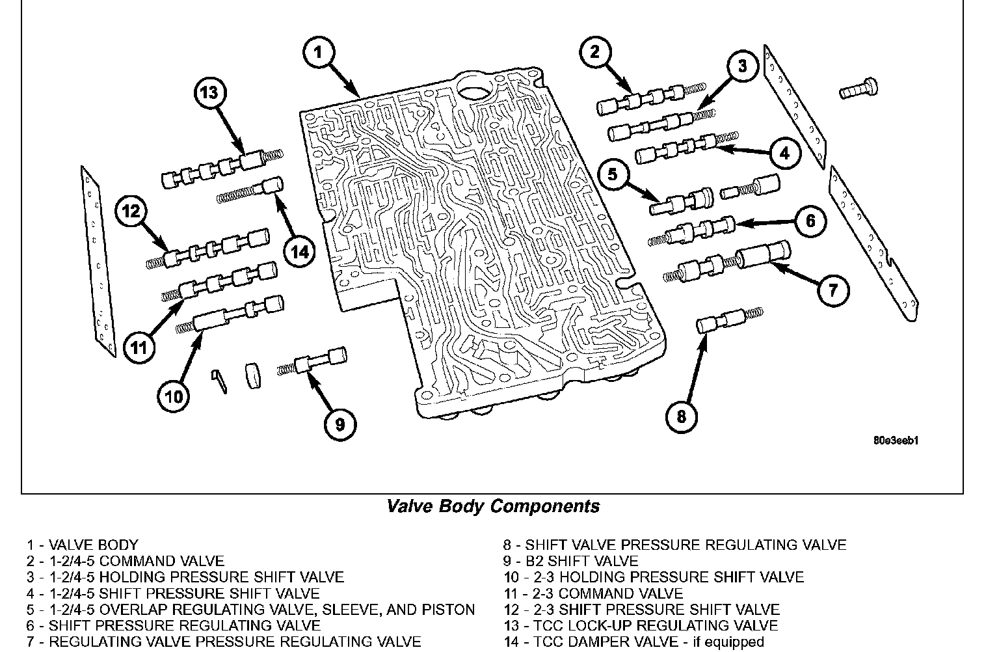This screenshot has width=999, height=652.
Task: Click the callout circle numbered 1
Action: (318, 52)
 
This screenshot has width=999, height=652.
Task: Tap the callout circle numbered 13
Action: (209, 92)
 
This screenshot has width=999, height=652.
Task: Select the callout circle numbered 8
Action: (681, 416)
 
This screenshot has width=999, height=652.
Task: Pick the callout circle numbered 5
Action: (613, 174)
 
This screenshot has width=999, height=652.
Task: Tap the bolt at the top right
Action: (859, 88)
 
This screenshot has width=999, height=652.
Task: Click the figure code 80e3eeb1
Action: (896, 441)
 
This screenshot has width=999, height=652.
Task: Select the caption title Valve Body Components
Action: (493, 506)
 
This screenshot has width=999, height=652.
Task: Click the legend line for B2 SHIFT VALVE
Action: (570, 561)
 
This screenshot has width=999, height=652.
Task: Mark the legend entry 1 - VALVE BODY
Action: (83, 545)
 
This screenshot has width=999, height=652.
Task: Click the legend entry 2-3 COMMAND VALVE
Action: (593, 593)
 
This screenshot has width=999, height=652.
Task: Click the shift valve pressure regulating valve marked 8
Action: (721, 321)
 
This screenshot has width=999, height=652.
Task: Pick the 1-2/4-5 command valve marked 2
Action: (641, 99)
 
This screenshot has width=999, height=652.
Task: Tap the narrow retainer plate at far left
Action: (98, 260)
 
